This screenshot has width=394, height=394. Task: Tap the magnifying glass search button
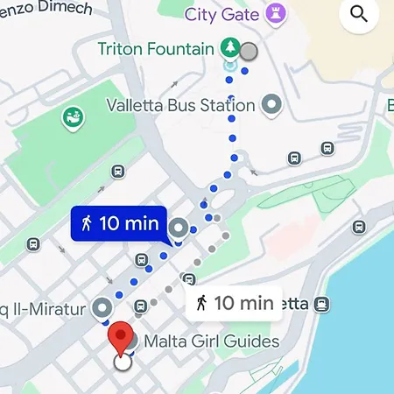point(358,13)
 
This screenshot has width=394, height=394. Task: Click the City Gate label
point(222,15)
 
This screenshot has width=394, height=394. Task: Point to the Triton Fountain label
point(155,48)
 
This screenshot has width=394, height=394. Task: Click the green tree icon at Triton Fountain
point(229,47)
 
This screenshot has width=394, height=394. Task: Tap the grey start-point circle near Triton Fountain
point(250,51)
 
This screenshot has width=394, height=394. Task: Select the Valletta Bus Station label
point(180,106)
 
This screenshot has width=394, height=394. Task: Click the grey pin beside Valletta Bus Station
point(272,105)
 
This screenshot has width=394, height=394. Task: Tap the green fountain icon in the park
point(73,116)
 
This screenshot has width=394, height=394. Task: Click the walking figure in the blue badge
point(87,223)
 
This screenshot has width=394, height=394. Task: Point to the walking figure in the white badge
point(201,304)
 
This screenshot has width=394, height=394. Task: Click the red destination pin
point(120,336)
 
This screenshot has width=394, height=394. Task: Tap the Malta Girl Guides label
point(210,341)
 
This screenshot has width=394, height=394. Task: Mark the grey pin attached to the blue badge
point(180,229)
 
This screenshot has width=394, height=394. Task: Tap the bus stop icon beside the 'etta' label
point(322,304)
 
